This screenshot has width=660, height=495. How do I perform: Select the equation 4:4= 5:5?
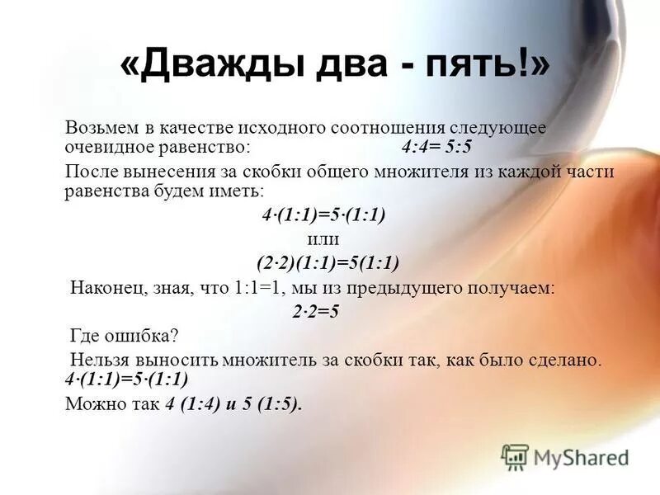pyautogui.click(x=436, y=147)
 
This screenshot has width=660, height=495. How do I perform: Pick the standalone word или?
pyautogui.click(x=323, y=239)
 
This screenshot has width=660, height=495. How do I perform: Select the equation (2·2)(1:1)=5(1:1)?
pyautogui.click(x=328, y=263)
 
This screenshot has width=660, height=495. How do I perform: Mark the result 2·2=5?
pyautogui.click(x=316, y=312)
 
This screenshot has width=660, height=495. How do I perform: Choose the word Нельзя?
pyautogui.click(x=101, y=360)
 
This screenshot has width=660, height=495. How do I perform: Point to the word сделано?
pyautogui.click(x=572, y=360)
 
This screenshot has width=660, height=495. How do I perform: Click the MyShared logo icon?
pyautogui.click(x=515, y=456)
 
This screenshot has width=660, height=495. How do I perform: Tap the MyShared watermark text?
pyautogui.click(x=581, y=457)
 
